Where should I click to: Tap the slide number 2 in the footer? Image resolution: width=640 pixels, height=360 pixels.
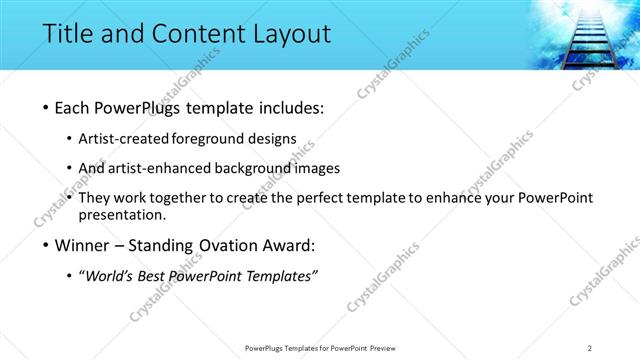[x=590, y=347]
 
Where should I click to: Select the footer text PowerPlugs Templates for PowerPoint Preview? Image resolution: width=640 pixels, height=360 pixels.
[x=319, y=347]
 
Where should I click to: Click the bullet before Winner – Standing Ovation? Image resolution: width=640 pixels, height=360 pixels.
[x=47, y=246]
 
